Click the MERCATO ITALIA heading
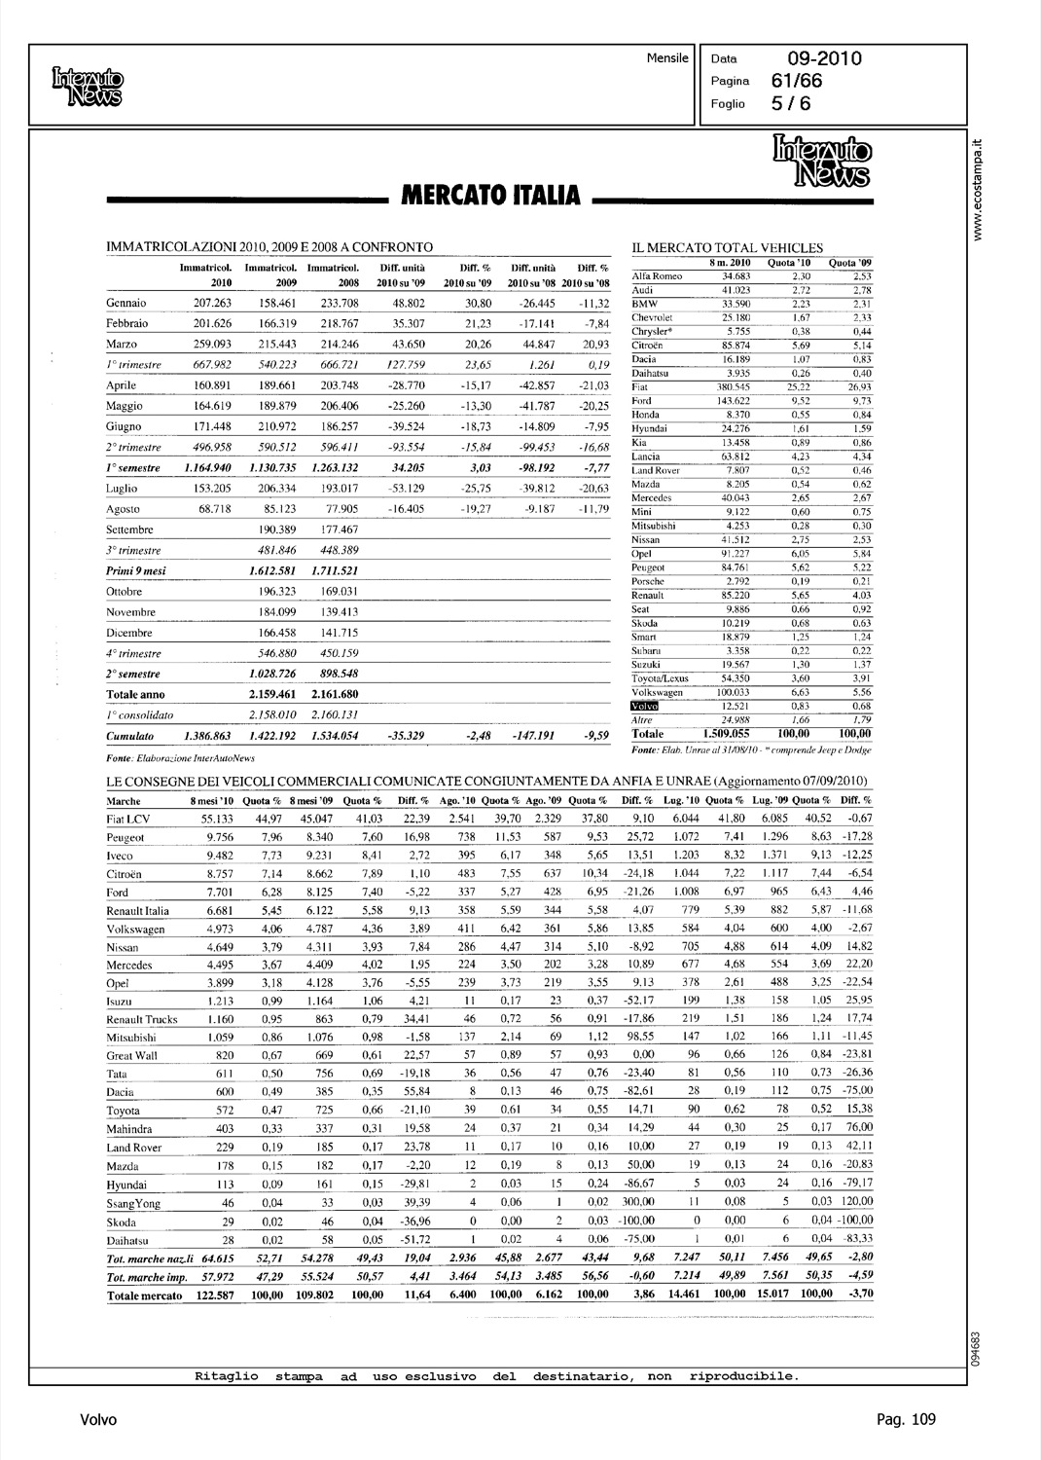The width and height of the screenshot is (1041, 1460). [486, 197]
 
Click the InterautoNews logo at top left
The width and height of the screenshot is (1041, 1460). [89, 86]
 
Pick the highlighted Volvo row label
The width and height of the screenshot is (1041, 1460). [645, 706]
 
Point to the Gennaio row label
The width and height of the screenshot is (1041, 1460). [126, 303]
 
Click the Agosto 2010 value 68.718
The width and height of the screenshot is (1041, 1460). [207, 509]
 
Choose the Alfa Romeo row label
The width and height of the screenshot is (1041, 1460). [657, 276]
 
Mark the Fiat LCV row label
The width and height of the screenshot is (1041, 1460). [127, 820]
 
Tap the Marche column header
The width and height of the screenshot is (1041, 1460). [123, 801]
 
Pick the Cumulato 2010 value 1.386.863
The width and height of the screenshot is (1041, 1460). [207, 737]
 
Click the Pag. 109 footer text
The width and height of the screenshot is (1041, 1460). [905, 1420]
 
